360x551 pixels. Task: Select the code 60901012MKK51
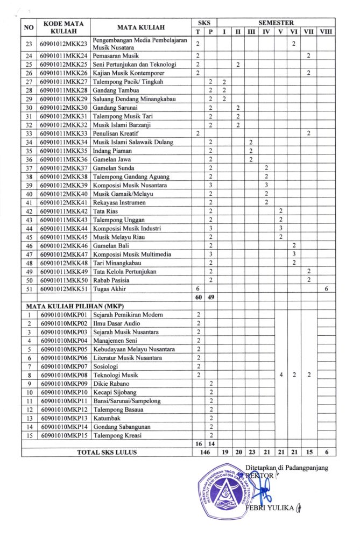pos(63,288)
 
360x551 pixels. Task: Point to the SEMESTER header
pos(276,23)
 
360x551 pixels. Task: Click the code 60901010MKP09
pos(63,383)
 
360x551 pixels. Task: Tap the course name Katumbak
pos(107,418)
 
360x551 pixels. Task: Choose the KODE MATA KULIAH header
pos(63,27)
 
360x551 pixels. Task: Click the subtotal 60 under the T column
pos(198,297)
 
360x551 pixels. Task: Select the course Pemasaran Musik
pos(116,55)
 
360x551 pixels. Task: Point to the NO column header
pos(29,27)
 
